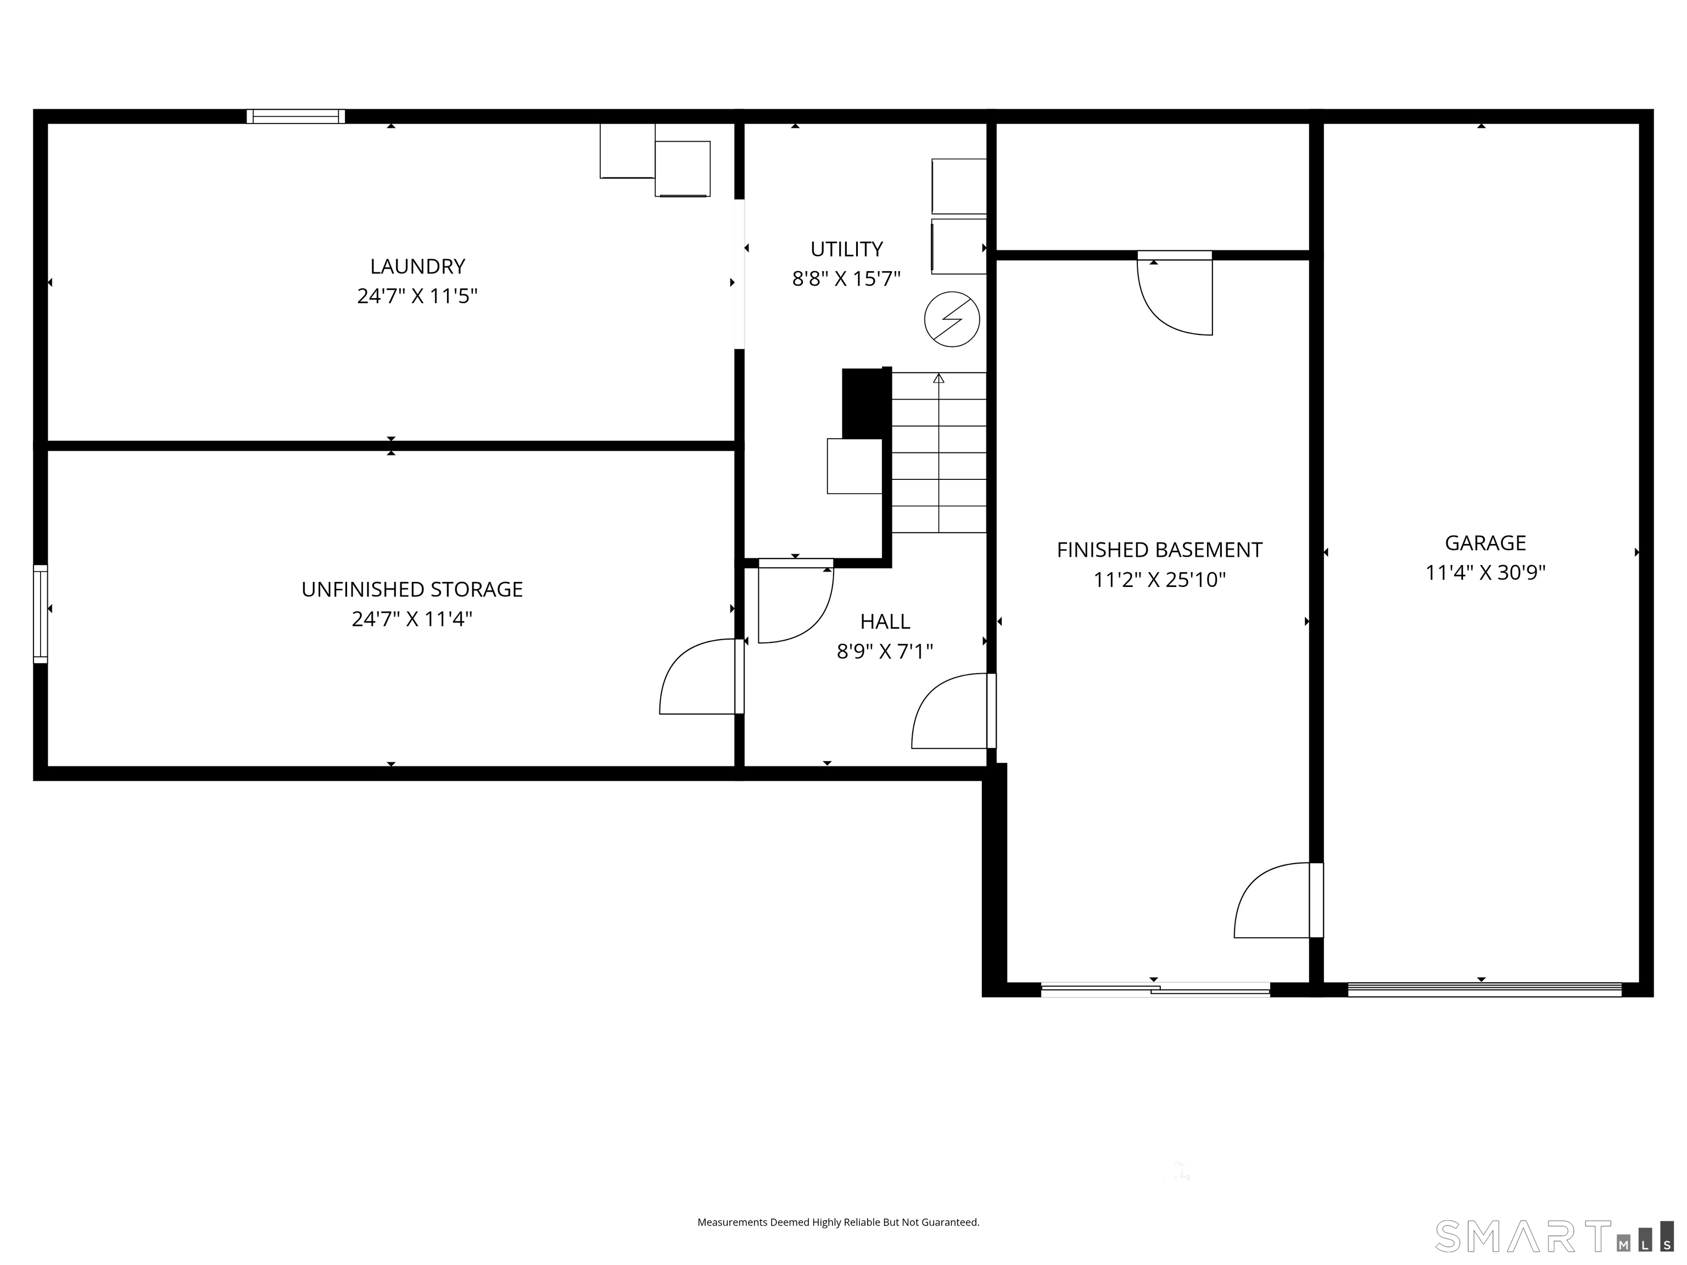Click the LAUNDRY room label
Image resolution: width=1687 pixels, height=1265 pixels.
[417, 266]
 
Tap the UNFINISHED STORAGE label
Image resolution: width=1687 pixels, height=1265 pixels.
[412, 590]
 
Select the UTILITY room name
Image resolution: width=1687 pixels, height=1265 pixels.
[847, 249]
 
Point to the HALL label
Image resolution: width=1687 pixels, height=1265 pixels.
[885, 622]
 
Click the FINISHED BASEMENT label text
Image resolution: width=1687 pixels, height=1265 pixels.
[1159, 550]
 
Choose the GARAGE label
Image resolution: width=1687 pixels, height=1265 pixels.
[1485, 543]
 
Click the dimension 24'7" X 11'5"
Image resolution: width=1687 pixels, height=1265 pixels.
[417, 296]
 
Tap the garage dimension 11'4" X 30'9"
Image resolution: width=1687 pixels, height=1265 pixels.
[1485, 573]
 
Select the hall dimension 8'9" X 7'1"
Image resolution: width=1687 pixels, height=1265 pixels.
[885, 651]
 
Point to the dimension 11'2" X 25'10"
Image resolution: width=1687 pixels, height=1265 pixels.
[1159, 579]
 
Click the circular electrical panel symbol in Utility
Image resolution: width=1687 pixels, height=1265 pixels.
[952, 320]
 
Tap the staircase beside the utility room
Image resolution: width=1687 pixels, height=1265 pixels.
[939, 452]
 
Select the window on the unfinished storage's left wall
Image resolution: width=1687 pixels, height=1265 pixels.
[41, 614]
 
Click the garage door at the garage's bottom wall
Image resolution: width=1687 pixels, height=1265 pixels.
[1484, 990]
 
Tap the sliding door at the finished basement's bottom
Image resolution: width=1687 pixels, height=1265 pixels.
[1155, 990]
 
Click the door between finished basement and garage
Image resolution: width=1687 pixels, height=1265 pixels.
[1278, 900]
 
